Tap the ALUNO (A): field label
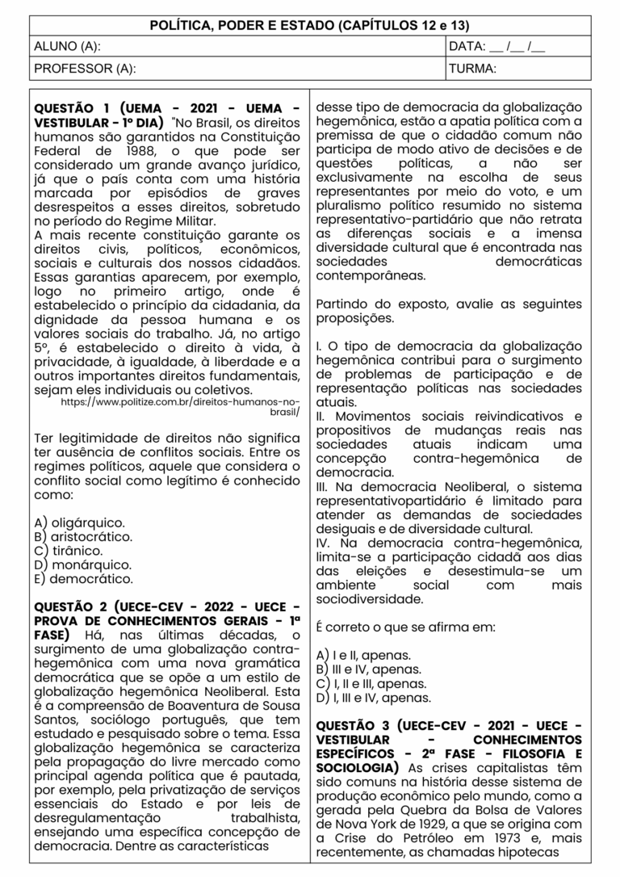(66, 47)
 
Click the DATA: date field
(497, 47)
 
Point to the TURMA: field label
(473, 69)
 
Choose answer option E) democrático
(83, 578)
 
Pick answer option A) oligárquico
(79, 522)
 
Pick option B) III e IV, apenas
(369, 669)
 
